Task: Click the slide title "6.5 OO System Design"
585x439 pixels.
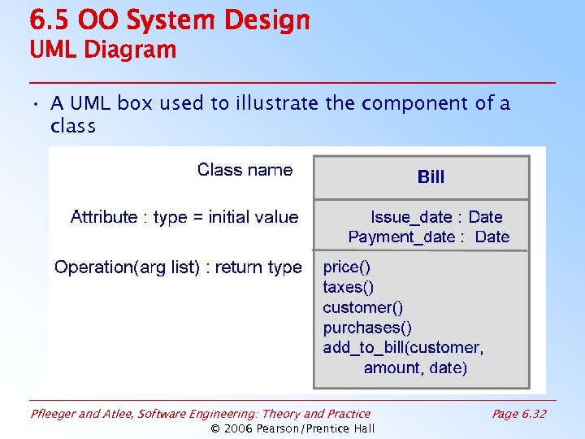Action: [170, 20]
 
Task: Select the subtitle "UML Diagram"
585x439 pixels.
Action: [102, 50]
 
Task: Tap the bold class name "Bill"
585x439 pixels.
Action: [431, 176]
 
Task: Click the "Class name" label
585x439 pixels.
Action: [245, 170]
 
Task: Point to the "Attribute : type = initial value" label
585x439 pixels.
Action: [184, 217]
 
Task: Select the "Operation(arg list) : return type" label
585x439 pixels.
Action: [178, 267]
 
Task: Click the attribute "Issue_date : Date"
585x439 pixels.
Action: [436, 217]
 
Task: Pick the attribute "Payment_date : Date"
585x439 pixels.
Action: [428, 237]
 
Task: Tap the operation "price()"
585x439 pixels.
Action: [346, 267]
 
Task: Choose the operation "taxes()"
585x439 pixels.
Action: [349, 287]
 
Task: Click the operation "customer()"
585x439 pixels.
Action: [362, 307]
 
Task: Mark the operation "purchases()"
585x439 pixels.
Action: [367, 328]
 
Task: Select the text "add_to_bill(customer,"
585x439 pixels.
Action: [403, 348]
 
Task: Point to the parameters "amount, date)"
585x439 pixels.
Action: [415, 368]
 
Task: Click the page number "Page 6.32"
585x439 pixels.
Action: [519, 414]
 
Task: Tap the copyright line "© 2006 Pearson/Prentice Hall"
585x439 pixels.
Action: [292, 428]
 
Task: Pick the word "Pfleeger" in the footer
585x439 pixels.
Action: [54, 414]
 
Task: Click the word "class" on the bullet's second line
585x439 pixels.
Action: [73, 127]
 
